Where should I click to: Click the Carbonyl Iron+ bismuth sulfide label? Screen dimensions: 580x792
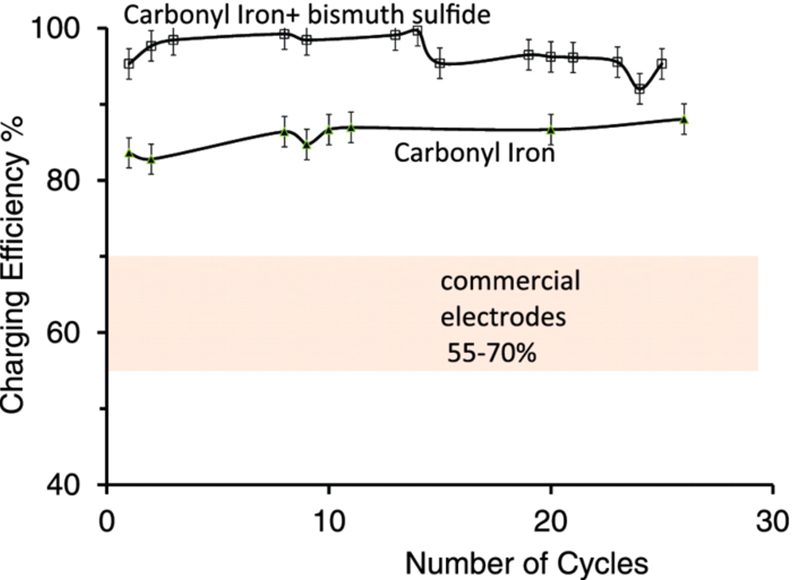[307, 15]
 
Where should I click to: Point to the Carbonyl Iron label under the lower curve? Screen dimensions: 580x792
[474, 152]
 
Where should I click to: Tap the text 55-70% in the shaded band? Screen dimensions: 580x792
[492, 354]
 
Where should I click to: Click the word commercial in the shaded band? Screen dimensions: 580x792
[510, 282]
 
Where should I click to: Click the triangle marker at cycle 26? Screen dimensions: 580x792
[684, 119]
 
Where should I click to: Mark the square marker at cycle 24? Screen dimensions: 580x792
[639, 89]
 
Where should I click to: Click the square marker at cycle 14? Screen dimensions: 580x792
[417, 31]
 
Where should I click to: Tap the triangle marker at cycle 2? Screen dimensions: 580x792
[151, 160]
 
